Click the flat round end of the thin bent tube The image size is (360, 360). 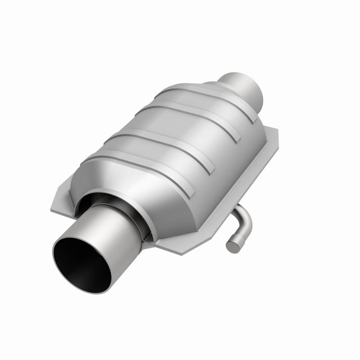tap(232, 246)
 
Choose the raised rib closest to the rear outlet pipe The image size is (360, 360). tap(207, 97)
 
